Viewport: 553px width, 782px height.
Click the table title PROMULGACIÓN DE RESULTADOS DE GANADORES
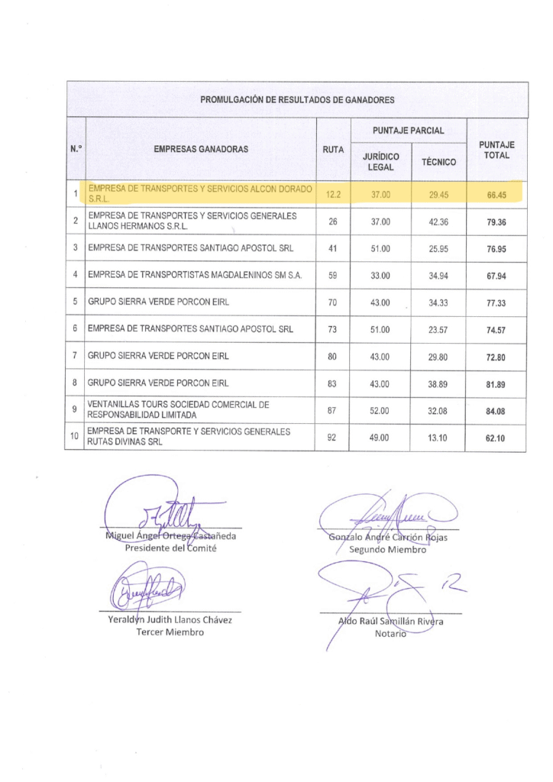tap(297, 100)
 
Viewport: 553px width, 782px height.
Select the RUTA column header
tap(333, 149)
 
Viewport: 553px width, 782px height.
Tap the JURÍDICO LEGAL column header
tap(380, 161)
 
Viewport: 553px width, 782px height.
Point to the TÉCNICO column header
tap(438, 162)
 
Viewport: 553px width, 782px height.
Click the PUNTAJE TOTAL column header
tap(496, 150)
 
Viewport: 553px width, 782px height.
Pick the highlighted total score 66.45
tap(496, 195)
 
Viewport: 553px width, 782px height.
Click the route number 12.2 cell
tap(333, 195)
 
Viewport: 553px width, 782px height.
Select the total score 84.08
tap(496, 411)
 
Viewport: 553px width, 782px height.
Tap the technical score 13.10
tap(438, 438)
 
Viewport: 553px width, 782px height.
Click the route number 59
tap(333, 275)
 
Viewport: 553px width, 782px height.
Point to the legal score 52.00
tap(380, 411)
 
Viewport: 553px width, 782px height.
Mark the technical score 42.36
tap(438, 222)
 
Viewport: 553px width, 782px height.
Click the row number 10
tap(75, 438)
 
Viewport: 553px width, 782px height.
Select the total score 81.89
tap(496, 384)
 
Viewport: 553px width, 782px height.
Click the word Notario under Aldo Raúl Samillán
tap(390, 632)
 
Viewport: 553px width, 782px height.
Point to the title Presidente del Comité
tap(170, 548)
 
